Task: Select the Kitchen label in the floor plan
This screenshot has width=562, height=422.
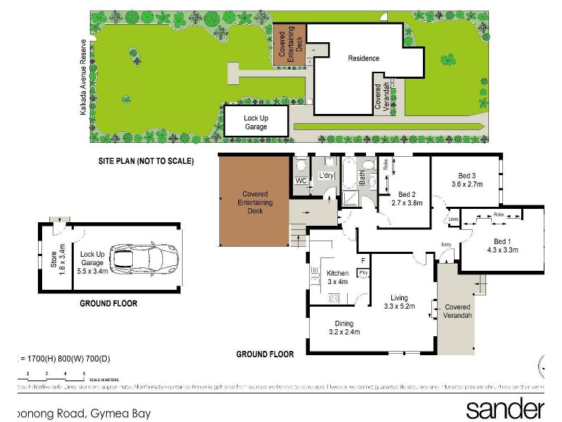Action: tap(338, 274)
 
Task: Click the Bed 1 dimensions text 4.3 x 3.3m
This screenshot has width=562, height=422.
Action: tap(502, 248)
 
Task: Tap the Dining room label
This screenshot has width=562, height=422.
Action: tap(344, 324)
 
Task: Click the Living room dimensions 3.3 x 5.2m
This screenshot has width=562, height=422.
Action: tap(400, 307)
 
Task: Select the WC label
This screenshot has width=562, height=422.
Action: tap(301, 181)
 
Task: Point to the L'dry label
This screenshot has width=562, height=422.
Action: tap(327, 175)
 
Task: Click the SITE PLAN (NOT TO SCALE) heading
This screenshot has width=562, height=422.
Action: tap(145, 161)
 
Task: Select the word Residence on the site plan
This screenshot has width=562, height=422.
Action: tap(363, 58)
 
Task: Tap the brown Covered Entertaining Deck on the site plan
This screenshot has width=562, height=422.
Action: tap(289, 46)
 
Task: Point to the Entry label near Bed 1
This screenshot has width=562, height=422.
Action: tap(445, 244)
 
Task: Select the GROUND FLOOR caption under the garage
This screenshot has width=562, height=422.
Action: tap(108, 304)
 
